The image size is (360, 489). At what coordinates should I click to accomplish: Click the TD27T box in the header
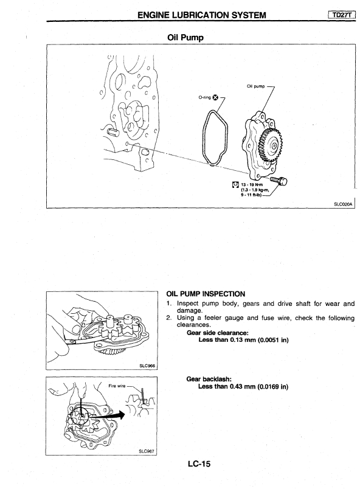pyautogui.click(x=342, y=15)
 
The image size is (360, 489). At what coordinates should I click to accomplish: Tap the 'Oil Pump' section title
pyautogui.click(x=185, y=38)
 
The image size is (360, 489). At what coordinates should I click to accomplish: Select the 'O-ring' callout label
pyautogui.click(x=205, y=97)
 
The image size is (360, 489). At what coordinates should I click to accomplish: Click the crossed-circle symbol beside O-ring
pyautogui.click(x=215, y=97)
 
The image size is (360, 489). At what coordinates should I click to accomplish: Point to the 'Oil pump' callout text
pyautogui.click(x=255, y=86)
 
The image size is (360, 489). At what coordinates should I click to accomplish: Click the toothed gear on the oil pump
pyautogui.click(x=271, y=145)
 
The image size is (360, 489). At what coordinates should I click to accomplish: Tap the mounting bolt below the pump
pyautogui.click(x=279, y=180)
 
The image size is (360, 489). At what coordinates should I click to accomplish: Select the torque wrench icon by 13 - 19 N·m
pyautogui.click(x=235, y=185)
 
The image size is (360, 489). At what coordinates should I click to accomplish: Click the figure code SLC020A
pyautogui.click(x=343, y=204)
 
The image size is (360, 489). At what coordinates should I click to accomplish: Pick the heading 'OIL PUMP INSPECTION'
pyautogui.click(x=206, y=294)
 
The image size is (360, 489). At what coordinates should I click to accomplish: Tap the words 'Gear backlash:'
pyautogui.click(x=209, y=379)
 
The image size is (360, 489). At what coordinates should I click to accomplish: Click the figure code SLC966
pyautogui.click(x=147, y=366)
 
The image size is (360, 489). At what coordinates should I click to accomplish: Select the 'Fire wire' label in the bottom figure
pyautogui.click(x=117, y=386)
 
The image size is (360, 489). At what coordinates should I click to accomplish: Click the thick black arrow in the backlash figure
pyautogui.click(x=108, y=415)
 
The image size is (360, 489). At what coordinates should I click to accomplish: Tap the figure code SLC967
pyautogui.click(x=146, y=451)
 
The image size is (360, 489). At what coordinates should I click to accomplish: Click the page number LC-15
pyautogui.click(x=199, y=464)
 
